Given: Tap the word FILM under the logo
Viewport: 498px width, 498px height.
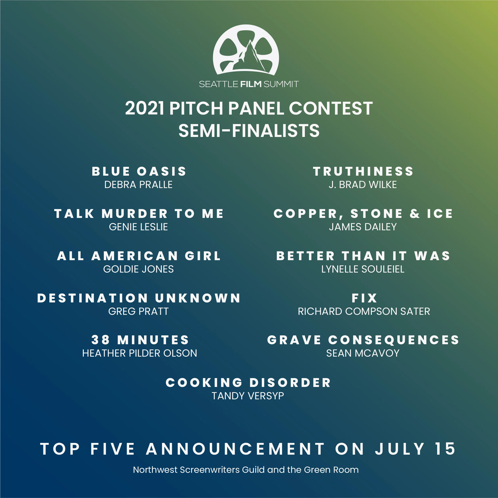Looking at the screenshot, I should (x=250, y=84).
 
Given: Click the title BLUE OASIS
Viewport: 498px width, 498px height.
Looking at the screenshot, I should (x=139, y=171).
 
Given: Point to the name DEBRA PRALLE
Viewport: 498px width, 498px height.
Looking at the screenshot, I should (x=138, y=185).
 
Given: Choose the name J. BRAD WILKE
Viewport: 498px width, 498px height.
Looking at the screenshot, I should (x=363, y=185).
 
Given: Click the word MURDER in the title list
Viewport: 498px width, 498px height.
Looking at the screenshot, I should (x=135, y=214).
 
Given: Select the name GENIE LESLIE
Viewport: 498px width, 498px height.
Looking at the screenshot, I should (x=138, y=227).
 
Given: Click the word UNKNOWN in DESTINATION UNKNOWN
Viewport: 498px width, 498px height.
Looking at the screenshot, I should (x=198, y=298).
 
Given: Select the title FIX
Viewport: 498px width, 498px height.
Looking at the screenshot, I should (x=364, y=298).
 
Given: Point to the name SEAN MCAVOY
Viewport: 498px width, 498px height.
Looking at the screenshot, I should (x=363, y=353).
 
